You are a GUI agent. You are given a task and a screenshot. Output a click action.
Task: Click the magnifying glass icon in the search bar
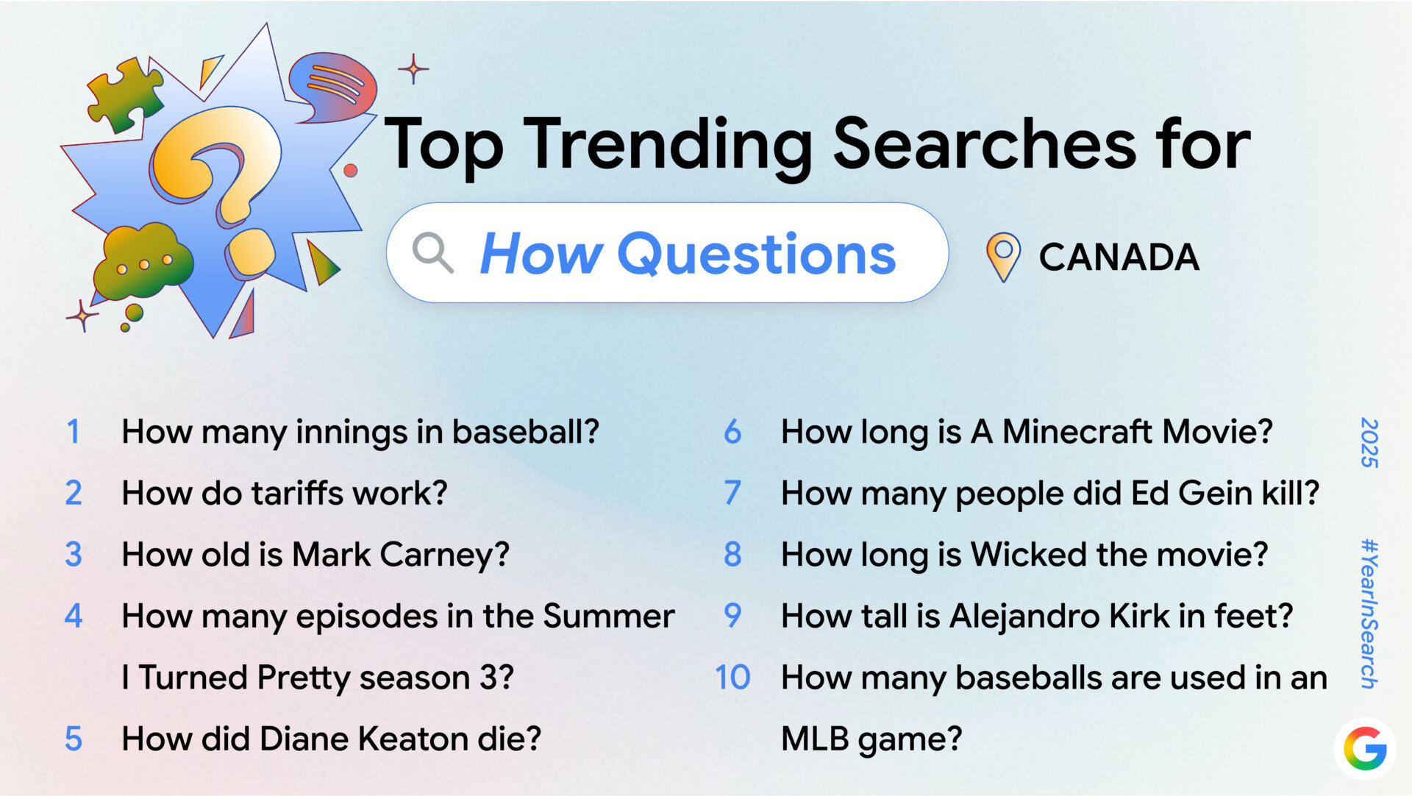432,253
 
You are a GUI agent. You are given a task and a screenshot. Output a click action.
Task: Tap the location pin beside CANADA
1002,256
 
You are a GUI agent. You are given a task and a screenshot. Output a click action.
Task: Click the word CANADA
1119,257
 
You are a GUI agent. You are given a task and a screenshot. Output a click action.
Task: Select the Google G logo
1365,749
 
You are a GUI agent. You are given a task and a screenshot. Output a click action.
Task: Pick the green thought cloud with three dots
141,261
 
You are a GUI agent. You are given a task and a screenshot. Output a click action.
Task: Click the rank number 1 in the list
73,432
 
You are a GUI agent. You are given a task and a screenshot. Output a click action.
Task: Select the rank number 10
732,678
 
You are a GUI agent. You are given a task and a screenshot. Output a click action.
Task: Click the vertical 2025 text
1369,443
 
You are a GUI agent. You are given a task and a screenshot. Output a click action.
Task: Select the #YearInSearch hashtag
1369,614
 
